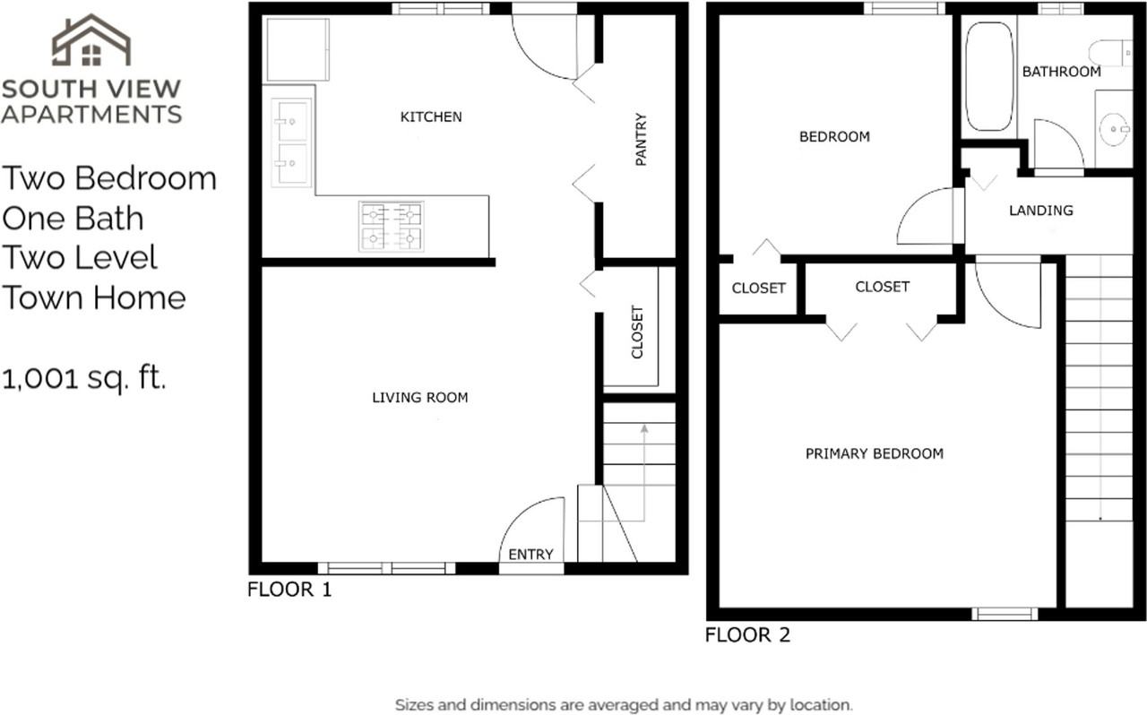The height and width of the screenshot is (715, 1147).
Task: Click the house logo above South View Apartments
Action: [x=91, y=40]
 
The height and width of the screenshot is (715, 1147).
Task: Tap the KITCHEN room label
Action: [x=431, y=117]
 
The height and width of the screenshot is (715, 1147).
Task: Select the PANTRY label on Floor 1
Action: [x=641, y=139]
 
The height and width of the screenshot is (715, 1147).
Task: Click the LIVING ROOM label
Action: [x=420, y=398]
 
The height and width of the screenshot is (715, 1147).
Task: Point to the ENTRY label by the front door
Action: [x=530, y=555]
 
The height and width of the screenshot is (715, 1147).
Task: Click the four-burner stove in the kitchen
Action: [x=392, y=227]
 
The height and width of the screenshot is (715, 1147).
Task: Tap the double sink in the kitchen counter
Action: [x=291, y=142]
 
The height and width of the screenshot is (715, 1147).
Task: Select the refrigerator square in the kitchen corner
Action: [x=298, y=49]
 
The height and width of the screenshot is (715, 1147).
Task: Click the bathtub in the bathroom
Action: [x=989, y=76]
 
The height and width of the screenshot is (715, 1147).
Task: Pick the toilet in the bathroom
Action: [x=1110, y=53]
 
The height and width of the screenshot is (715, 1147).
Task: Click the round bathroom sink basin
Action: [x=1114, y=129]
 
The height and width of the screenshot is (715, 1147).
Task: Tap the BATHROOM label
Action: [x=1062, y=72]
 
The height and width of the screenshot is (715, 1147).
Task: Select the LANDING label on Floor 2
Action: [x=1041, y=211]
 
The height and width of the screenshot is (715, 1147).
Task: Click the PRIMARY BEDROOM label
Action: [x=875, y=453]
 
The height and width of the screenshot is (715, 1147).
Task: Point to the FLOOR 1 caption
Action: [x=289, y=590]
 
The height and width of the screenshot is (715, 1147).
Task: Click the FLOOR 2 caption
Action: [x=747, y=635]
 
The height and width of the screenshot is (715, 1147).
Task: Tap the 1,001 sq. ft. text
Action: [x=84, y=379]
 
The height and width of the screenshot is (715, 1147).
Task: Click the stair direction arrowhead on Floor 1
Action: [x=644, y=428]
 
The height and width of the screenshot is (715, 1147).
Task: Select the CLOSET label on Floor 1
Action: [x=637, y=332]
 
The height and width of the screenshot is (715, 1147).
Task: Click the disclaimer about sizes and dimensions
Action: [x=624, y=705]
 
